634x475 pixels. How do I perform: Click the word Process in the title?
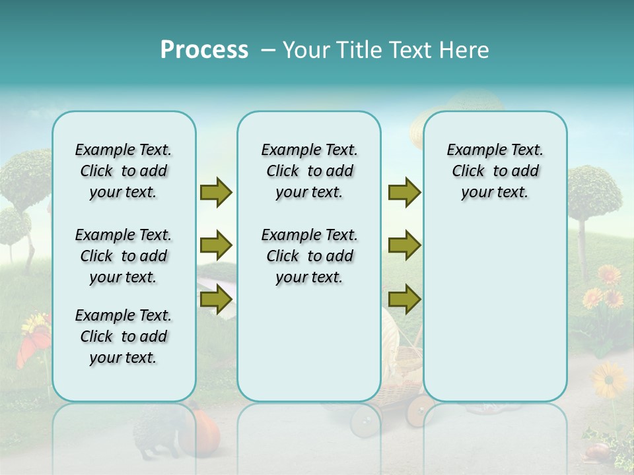(204, 50)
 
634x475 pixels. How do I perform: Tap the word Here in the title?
(464, 50)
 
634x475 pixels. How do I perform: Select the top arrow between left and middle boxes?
(215, 193)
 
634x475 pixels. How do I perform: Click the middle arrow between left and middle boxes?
(215, 246)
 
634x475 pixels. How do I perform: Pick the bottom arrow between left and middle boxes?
(215, 300)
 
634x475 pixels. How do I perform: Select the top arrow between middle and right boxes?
(404, 193)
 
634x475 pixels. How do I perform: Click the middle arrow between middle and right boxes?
(404, 246)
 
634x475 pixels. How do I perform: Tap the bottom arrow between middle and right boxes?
(404, 300)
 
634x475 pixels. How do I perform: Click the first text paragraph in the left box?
(123, 171)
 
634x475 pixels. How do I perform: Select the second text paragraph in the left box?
(123, 256)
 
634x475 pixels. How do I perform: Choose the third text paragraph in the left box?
(123, 336)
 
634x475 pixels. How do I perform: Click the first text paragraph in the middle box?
(309, 171)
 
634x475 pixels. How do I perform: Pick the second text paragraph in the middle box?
(309, 256)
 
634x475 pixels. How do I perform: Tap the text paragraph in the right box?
(495, 171)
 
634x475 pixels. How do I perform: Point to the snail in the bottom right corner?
(597, 451)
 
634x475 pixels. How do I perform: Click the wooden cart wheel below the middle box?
(363, 422)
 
